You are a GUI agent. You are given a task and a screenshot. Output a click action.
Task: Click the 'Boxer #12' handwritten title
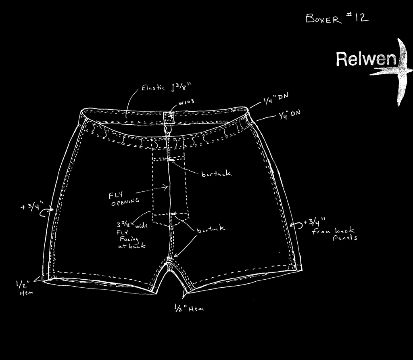(x=336, y=18)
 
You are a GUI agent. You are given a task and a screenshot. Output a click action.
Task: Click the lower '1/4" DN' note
(x=289, y=114)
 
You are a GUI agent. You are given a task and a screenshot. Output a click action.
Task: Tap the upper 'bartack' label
(x=216, y=174)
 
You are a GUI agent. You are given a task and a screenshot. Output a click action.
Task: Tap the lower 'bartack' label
(x=210, y=229)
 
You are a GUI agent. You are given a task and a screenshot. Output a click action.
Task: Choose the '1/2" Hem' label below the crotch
(x=188, y=308)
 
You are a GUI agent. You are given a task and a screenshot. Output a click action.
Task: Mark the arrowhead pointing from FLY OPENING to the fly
(x=166, y=187)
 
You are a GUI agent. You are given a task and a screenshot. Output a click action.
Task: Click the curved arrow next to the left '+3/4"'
(x=48, y=211)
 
